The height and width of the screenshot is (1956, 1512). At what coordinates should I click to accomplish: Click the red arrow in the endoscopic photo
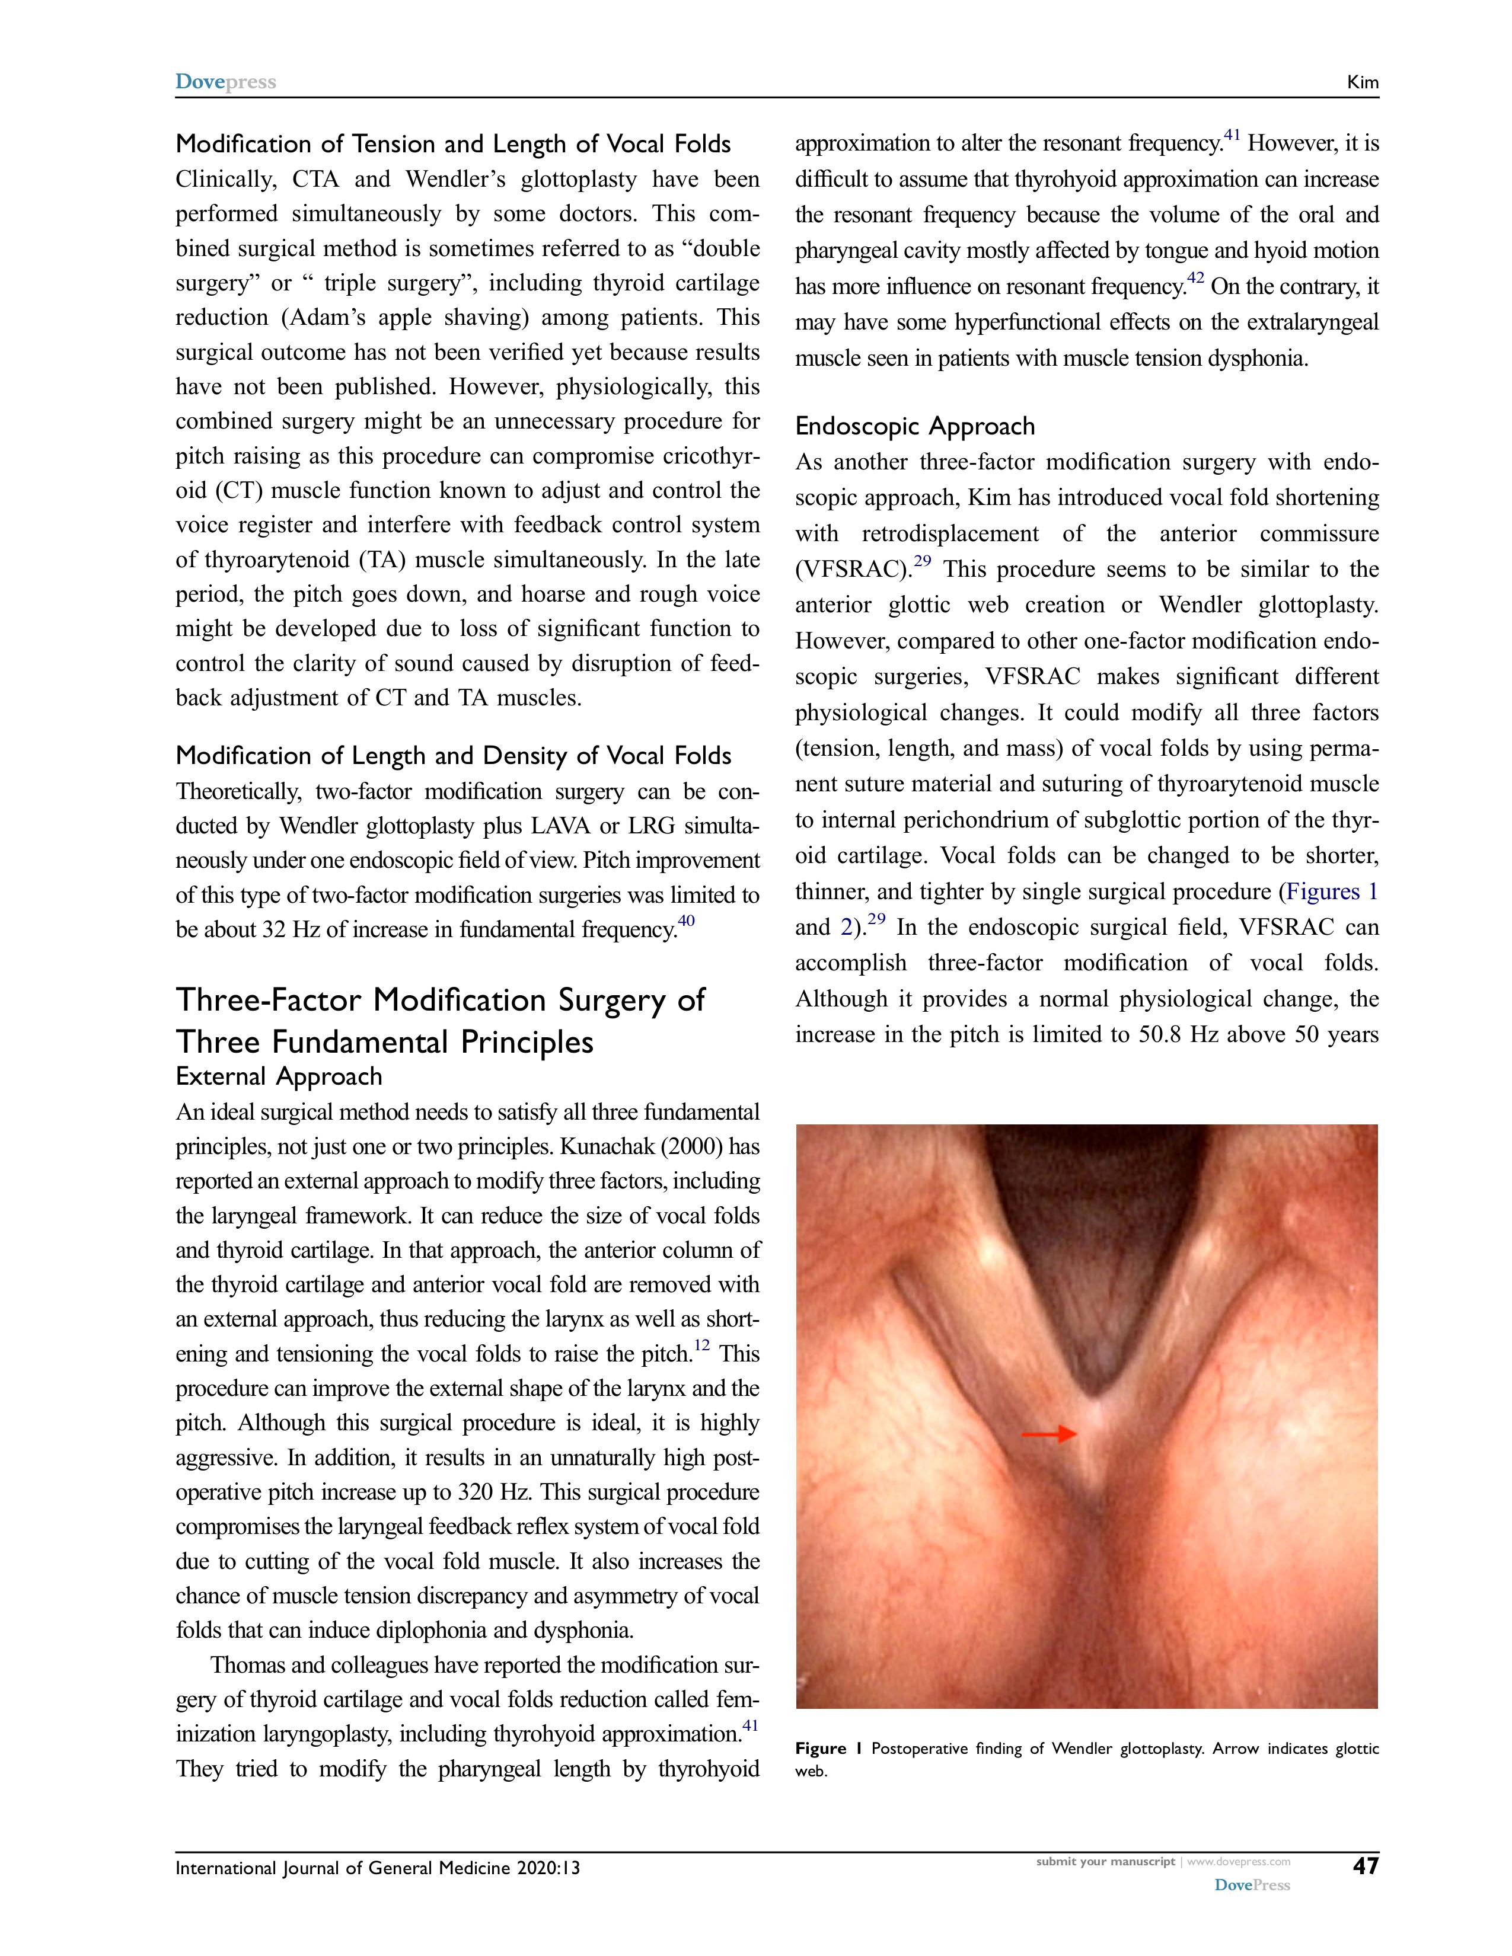1049,1434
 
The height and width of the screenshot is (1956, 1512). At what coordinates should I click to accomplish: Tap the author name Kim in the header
1363,82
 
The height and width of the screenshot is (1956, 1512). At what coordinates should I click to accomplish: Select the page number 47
1365,1865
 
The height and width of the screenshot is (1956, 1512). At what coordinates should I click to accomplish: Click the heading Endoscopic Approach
914,426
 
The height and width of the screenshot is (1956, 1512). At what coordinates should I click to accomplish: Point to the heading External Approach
279,1076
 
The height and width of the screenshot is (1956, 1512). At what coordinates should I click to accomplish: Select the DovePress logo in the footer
1251,1884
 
